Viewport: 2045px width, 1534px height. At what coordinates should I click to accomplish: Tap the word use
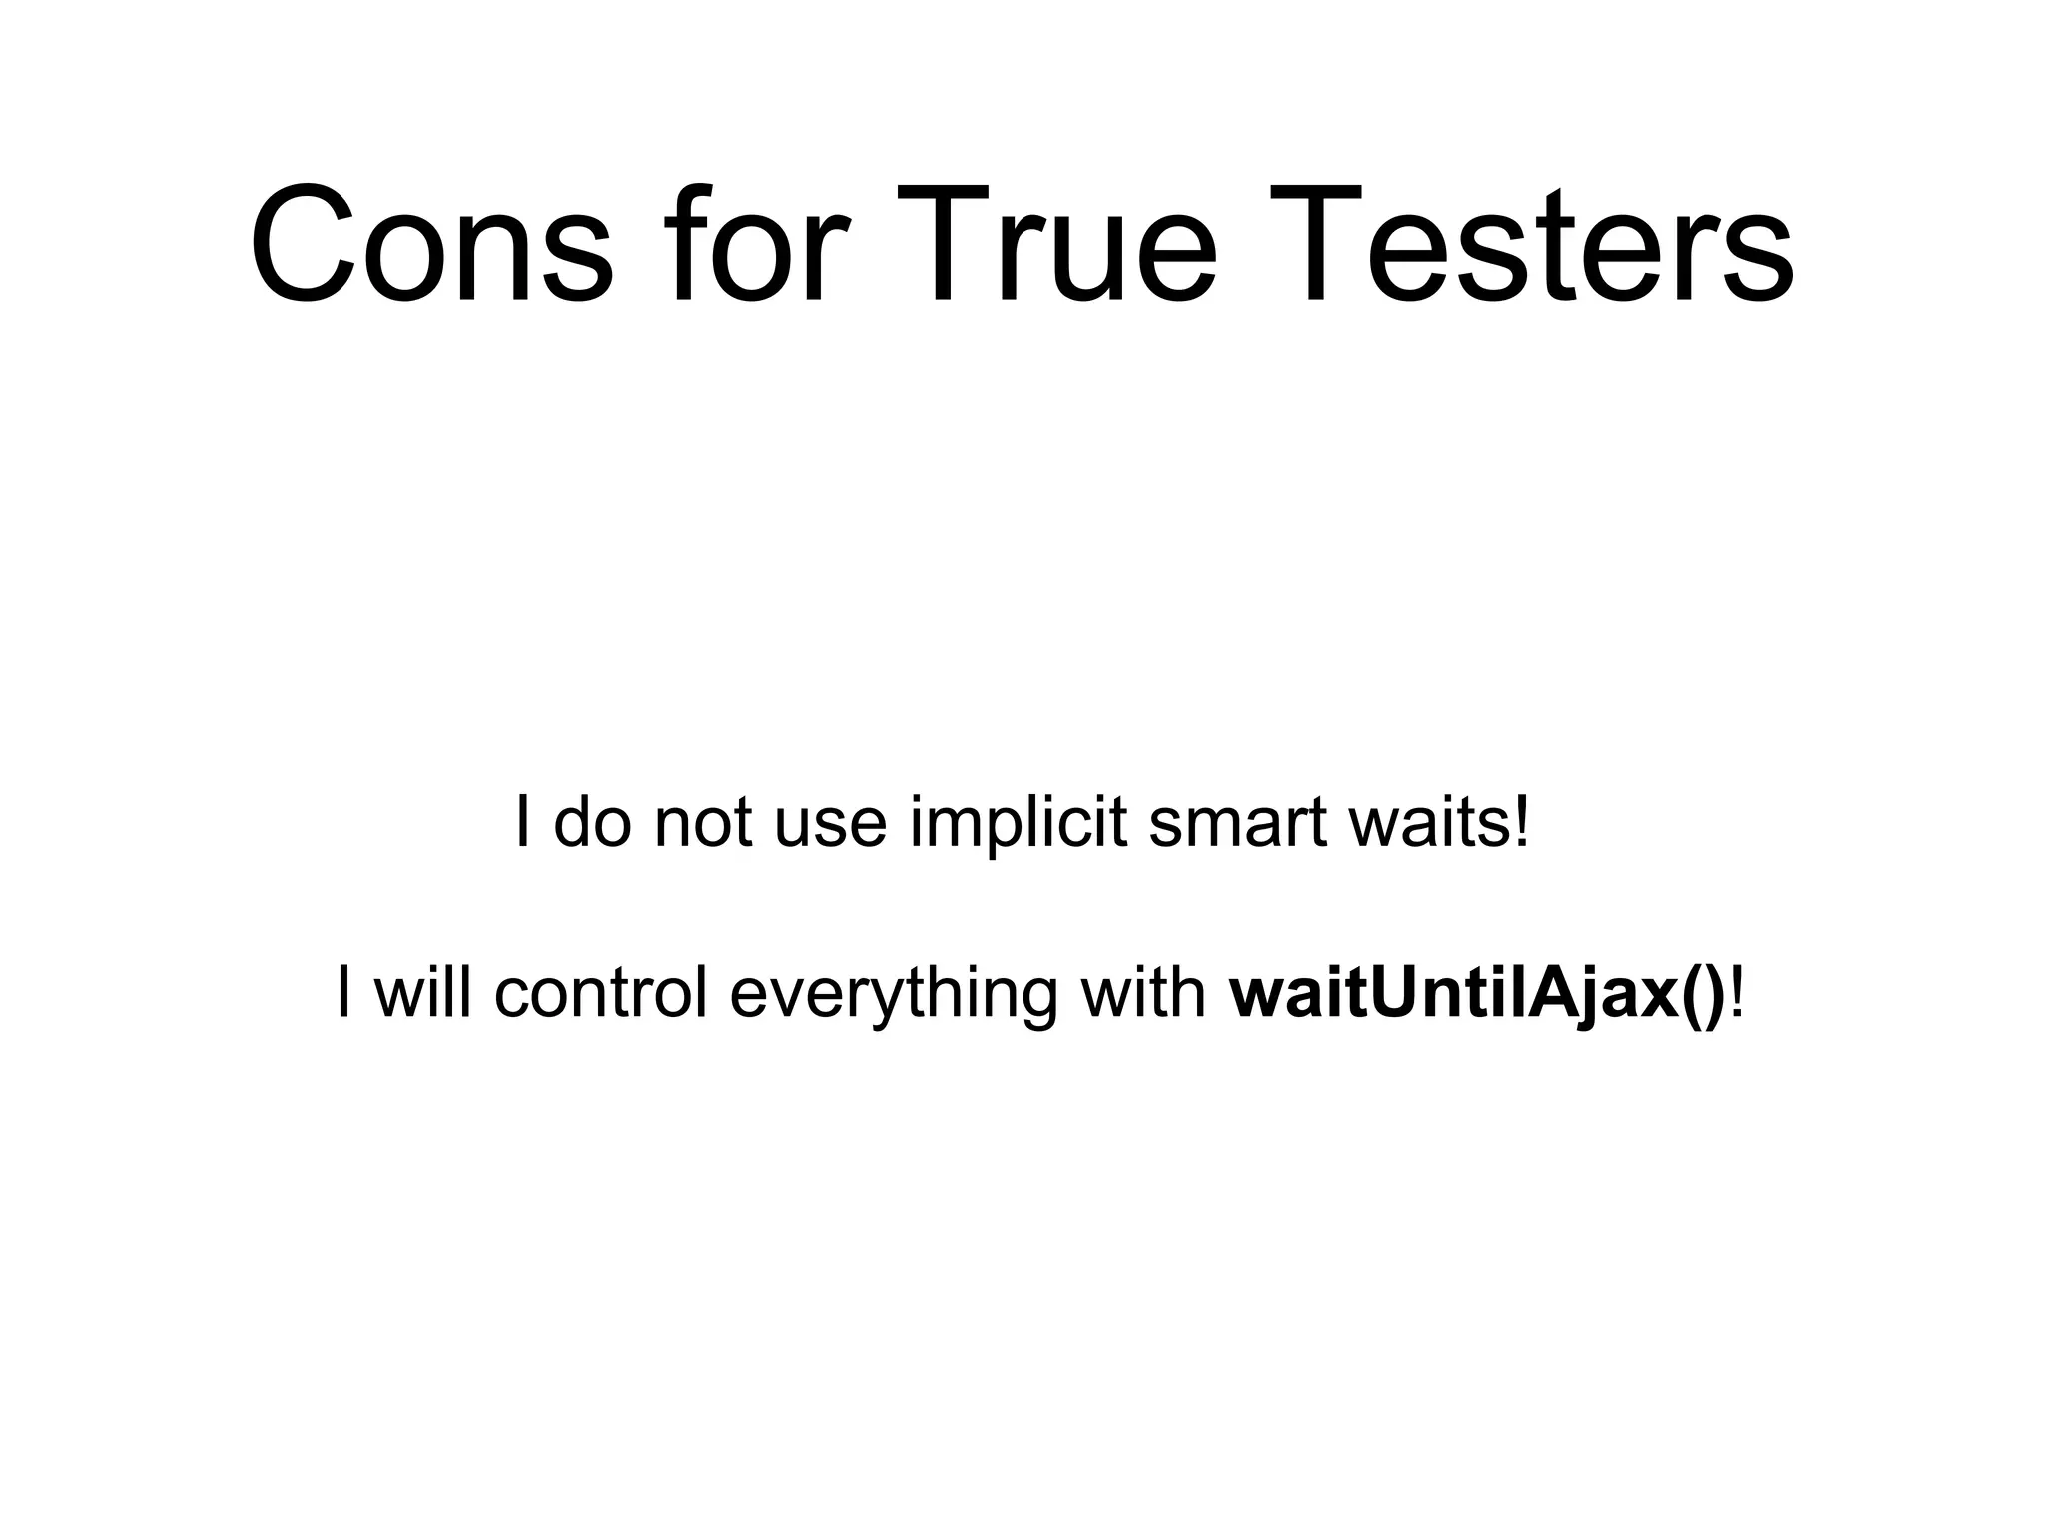click(x=831, y=824)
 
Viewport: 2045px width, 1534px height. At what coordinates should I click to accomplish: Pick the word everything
click(x=893, y=994)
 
